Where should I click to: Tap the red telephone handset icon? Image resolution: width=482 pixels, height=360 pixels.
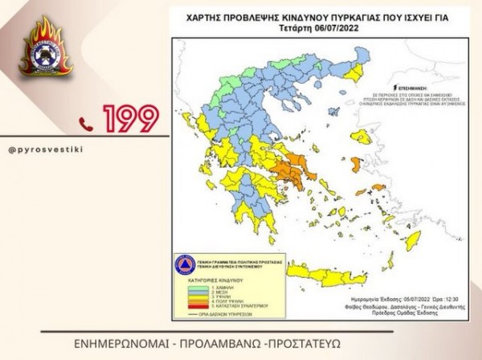86,121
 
